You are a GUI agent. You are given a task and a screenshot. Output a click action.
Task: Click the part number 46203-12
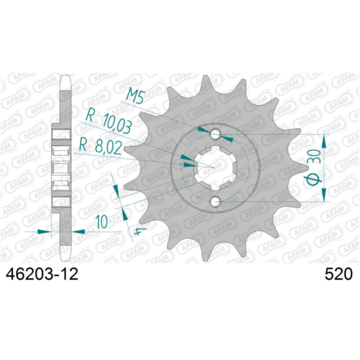[x=41, y=275]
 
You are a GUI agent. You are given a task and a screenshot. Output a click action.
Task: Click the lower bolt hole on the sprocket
[x=215, y=202]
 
